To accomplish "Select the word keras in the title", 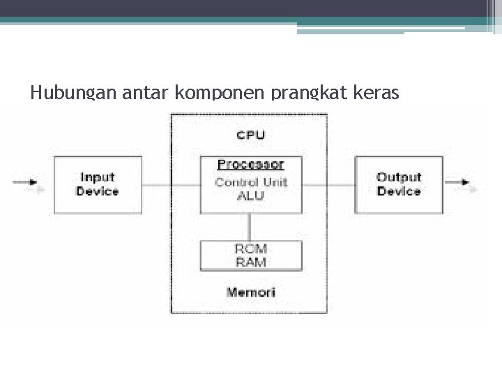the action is tap(376, 94).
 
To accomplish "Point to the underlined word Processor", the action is tap(250, 165).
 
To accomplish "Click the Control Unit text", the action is tap(250, 182).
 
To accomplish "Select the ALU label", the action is tap(250, 196).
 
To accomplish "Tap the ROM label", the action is tap(250, 249).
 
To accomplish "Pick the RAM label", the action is tap(250, 262).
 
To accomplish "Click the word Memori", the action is tap(250, 291).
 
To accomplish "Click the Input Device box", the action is tap(97, 184).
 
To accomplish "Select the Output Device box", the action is tap(399, 184).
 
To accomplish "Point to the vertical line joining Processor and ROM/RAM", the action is tap(250, 227).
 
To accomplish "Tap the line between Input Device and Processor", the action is tap(170, 185).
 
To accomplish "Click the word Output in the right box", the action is tap(399, 177).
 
